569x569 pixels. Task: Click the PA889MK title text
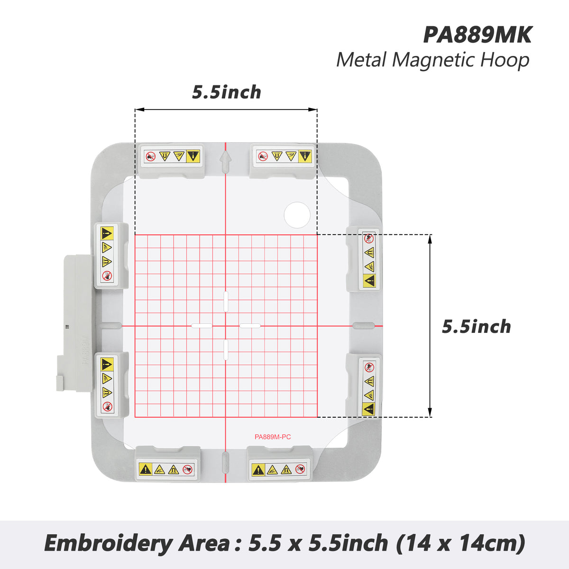(x=477, y=35)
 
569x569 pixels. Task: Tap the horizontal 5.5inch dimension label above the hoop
(x=227, y=92)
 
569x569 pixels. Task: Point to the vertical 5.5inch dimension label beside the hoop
(x=476, y=327)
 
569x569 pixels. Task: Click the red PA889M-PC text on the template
(x=273, y=437)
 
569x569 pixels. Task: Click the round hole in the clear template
(x=297, y=215)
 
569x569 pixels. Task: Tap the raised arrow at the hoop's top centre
(x=226, y=162)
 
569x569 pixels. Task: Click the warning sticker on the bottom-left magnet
(x=167, y=469)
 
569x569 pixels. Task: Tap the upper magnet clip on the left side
(x=111, y=256)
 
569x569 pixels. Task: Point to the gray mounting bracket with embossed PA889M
(x=75, y=323)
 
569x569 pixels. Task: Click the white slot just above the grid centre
(x=226, y=302)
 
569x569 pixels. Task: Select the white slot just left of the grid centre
(x=202, y=326)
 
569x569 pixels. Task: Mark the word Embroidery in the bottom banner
(x=109, y=543)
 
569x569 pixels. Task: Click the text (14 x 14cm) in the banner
(x=460, y=543)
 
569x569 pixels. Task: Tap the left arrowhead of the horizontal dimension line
(x=139, y=110)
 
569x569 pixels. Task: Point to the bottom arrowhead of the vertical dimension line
(x=430, y=413)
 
